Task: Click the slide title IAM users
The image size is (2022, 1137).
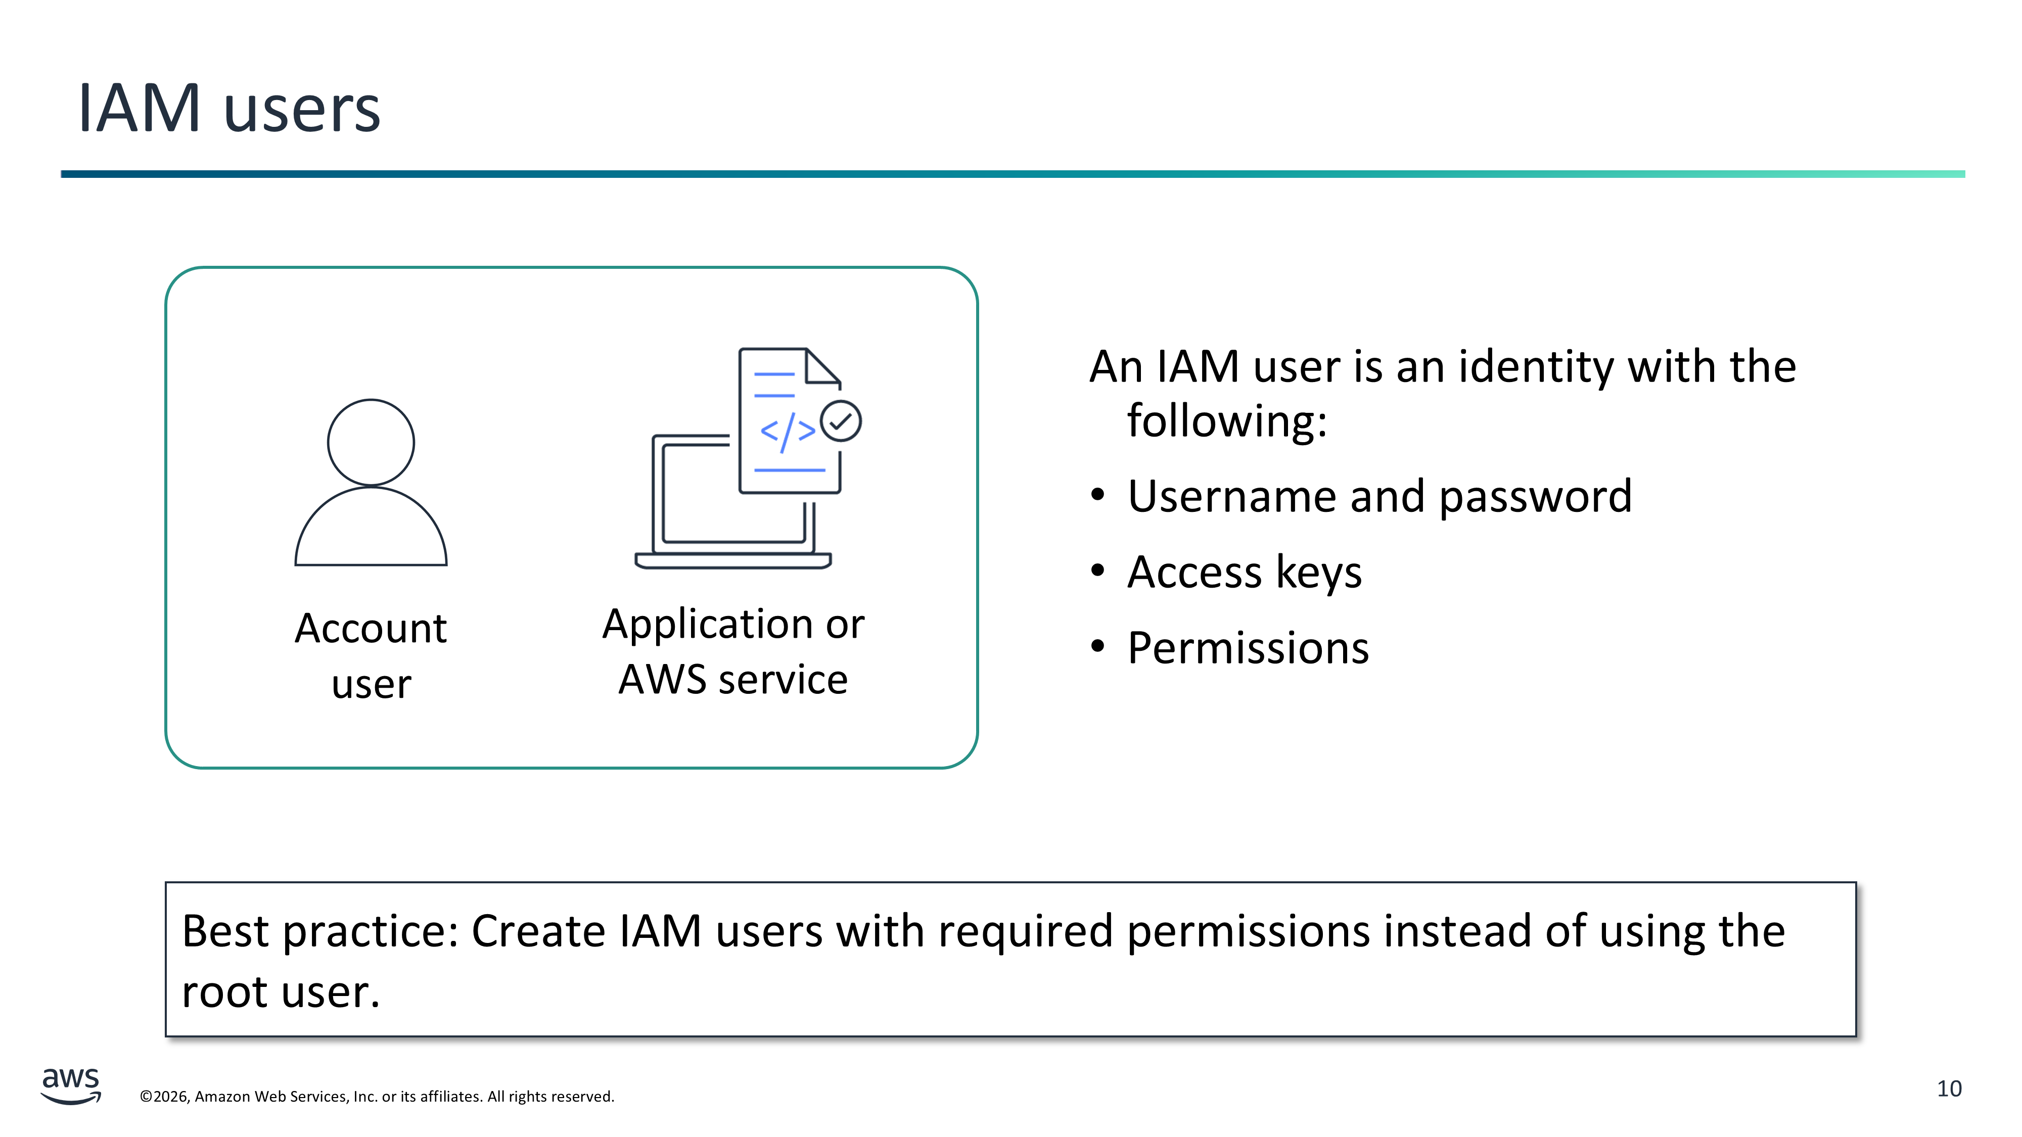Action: click(228, 108)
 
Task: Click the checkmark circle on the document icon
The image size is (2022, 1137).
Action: click(841, 421)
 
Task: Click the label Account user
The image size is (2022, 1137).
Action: click(371, 656)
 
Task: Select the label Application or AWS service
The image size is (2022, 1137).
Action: click(733, 651)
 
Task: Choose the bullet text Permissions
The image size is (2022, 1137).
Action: click(1248, 648)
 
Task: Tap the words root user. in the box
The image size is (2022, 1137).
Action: click(280, 992)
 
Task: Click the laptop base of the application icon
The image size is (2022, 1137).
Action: click(732, 561)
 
